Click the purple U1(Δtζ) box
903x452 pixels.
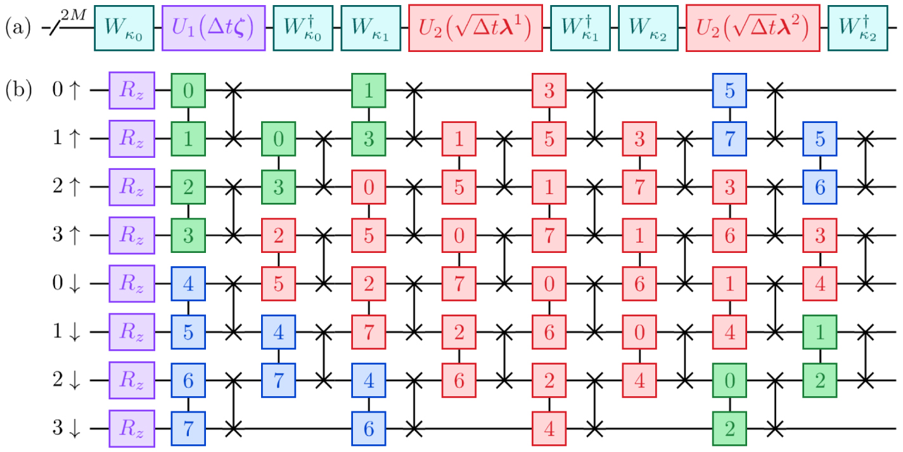click(214, 28)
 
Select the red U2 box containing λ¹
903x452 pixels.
click(475, 28)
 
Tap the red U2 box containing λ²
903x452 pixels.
click(753, 28)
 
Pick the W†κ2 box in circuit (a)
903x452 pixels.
click(858, 28)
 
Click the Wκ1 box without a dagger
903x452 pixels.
click(371, 28)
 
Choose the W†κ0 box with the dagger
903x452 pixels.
click(303, 28)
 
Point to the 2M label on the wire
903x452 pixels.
click(74, 15)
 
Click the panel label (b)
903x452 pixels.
click(18, 89)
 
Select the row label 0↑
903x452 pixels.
click(67, 89)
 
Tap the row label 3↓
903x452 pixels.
click(67, 428)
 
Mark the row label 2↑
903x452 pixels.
click(67, 186)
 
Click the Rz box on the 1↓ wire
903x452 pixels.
click(132, 332)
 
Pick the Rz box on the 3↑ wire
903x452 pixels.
click(132, 235)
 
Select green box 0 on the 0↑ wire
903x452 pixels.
click(188, 90)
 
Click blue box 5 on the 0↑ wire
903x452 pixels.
click(729, 90)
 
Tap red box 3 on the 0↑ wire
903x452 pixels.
click(549, 90)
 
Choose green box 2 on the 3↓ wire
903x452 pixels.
click(729, 428)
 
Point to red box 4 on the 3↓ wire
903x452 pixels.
click(549, 428)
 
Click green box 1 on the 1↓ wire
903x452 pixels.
click(820, 332)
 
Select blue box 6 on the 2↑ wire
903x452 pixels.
click(820, 186)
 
